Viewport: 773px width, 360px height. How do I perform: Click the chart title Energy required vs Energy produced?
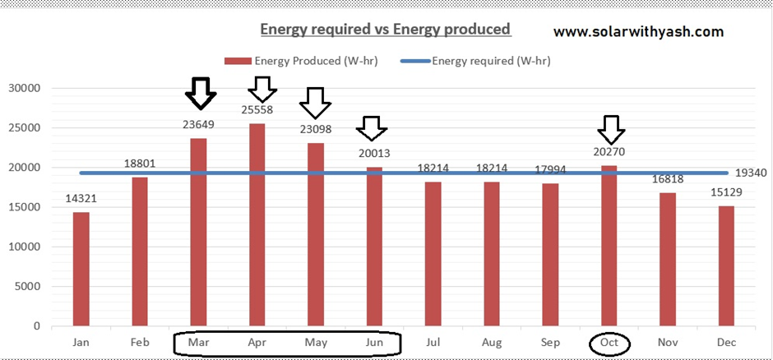(386, 30)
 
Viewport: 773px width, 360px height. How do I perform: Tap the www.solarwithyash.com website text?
(638, 32)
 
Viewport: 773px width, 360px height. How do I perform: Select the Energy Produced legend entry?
(304, 60)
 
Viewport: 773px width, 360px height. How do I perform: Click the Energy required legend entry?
(477, 60)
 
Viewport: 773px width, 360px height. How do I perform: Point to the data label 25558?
(257, 109)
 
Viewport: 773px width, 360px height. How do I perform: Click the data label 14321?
(81, 198)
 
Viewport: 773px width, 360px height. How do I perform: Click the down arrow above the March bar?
(200, 93)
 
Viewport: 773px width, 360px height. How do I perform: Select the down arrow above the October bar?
(610, 129)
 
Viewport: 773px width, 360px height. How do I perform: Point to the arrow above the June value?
(373, 127)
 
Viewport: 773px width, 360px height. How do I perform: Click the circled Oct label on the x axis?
(609, 342)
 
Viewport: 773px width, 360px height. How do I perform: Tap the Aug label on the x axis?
(492, 342)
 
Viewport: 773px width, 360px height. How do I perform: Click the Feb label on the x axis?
(140, 342)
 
